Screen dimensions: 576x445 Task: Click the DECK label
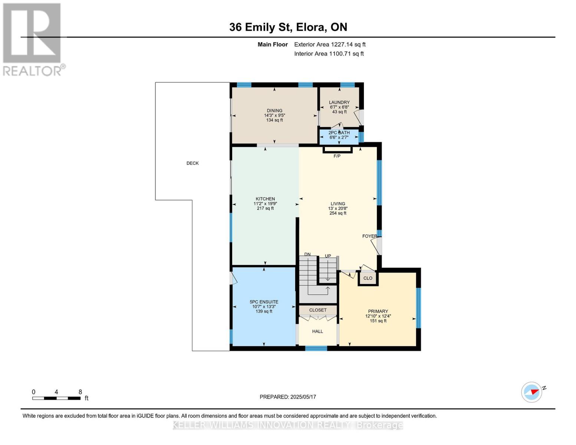(192, 163)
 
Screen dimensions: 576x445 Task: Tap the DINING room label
(274, 111)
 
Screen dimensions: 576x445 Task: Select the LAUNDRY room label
(339, 102)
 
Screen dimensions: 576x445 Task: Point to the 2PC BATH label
(339, 132)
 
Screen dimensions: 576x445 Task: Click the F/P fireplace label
(337, 156)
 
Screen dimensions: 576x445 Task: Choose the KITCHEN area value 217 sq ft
(265, 208)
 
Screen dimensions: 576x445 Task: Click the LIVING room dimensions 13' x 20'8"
(338, 208)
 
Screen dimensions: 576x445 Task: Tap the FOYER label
(370, 236)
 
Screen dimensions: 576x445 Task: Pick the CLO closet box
(368, 278)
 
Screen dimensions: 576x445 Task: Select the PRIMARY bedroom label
(378, 311)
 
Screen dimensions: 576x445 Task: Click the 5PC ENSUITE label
(264, 302)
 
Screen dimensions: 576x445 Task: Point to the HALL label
(317, 331)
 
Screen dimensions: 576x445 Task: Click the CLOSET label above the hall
(318, 310)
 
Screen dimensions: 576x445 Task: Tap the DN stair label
(307, 254)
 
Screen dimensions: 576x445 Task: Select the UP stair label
(328, 256)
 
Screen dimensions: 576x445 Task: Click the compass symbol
(531, 392)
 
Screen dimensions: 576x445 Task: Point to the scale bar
(56, 398)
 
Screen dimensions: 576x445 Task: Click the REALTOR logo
(33, 40)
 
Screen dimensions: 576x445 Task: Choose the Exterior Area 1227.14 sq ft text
(330, 44)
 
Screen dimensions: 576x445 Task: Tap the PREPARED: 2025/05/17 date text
(288, 397)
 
